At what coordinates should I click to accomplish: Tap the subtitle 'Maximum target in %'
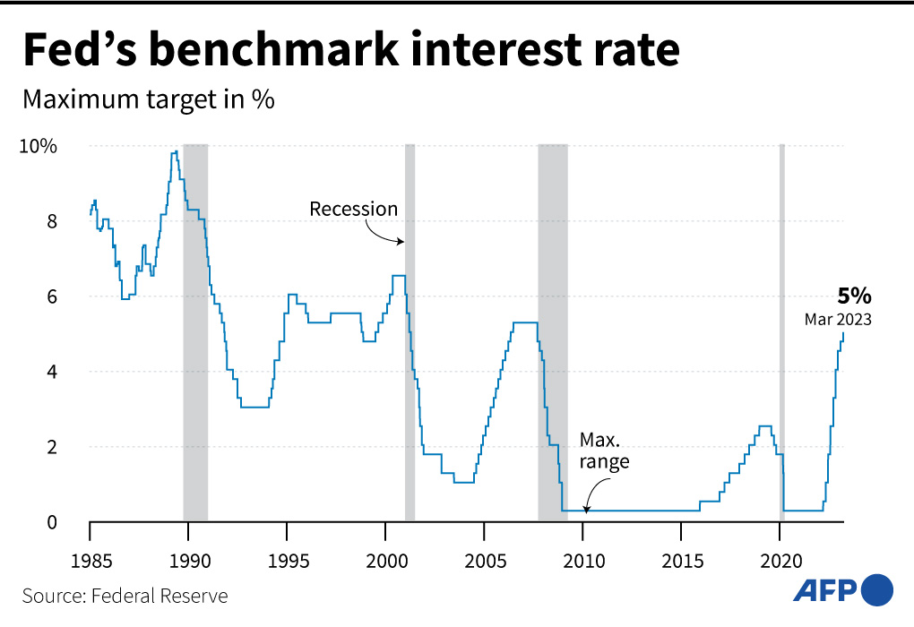[x=148, y=99]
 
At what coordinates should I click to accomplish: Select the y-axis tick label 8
[x=51, y=221]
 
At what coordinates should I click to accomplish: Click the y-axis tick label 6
[x=51, y=296]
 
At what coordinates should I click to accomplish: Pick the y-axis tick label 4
[x=51, y=372]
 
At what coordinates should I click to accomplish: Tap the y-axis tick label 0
[x=51, y=522]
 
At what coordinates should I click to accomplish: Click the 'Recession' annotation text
[x=353, y=209]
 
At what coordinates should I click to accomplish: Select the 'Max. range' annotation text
[x=604, y=451]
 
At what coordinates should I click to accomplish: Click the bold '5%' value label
[x=854, y=296]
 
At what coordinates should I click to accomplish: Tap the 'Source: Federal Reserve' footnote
[x=125, y=596]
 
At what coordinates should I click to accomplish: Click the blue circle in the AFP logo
[x=877, y=589]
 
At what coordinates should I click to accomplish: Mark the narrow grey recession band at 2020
[x=781, y=331]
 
